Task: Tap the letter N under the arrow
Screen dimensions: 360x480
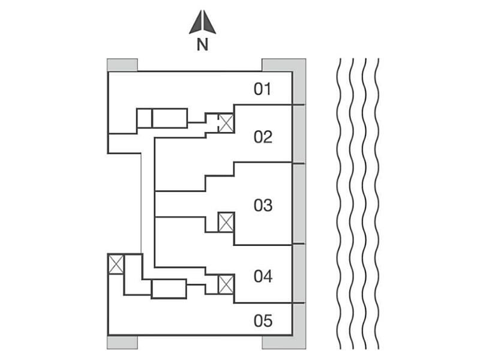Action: pos(203,45)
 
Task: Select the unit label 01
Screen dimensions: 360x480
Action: pos(263,90)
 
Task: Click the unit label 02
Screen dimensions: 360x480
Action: pos(263,137)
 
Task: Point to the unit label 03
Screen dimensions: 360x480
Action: pos(263,206)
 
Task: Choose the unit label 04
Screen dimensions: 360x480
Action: pos(263,277)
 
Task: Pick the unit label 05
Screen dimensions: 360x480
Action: pos(263,321)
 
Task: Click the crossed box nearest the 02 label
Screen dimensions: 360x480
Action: pos(226,123)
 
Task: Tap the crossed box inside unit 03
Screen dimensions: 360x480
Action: pos(226,222)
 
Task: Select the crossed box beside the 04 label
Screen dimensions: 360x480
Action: pos(226,284)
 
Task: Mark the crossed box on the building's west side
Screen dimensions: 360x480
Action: pos(116,264)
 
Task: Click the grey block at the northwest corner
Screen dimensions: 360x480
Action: pos(122,65)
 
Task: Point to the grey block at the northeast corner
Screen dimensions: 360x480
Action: pos(284,65)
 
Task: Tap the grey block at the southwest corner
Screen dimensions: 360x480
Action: pos(122,342)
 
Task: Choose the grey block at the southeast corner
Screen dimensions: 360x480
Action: pos(284,342)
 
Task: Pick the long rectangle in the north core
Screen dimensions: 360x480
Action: pos(170,118)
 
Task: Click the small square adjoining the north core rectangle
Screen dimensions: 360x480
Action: pos(144,118)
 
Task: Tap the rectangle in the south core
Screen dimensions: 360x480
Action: pos(169,289)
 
